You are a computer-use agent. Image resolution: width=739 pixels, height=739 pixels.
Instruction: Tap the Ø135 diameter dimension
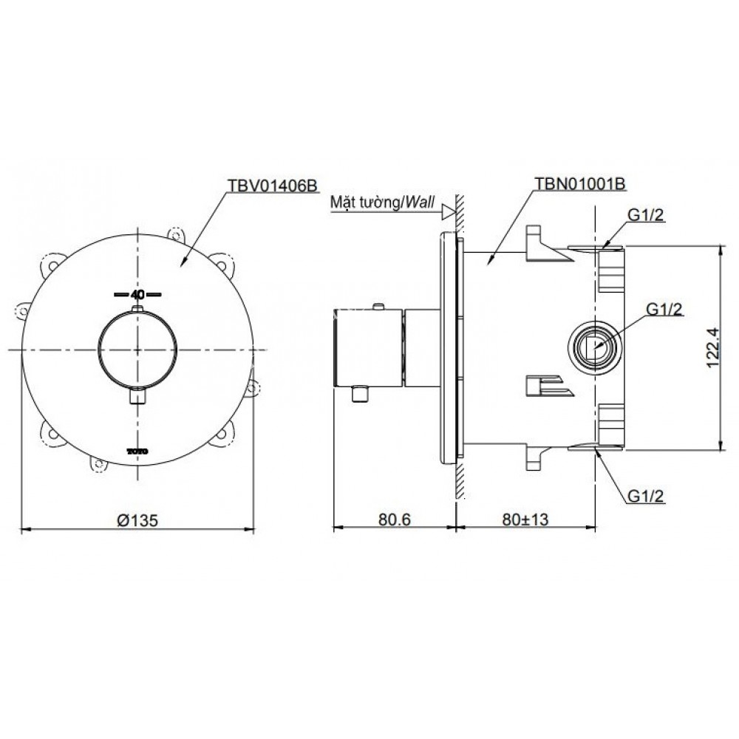[x=137, y=520]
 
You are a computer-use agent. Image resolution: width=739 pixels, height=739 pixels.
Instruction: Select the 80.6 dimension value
[x=395, y=520]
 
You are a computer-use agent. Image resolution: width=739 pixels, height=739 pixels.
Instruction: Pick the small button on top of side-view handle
[x=379, y=306]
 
